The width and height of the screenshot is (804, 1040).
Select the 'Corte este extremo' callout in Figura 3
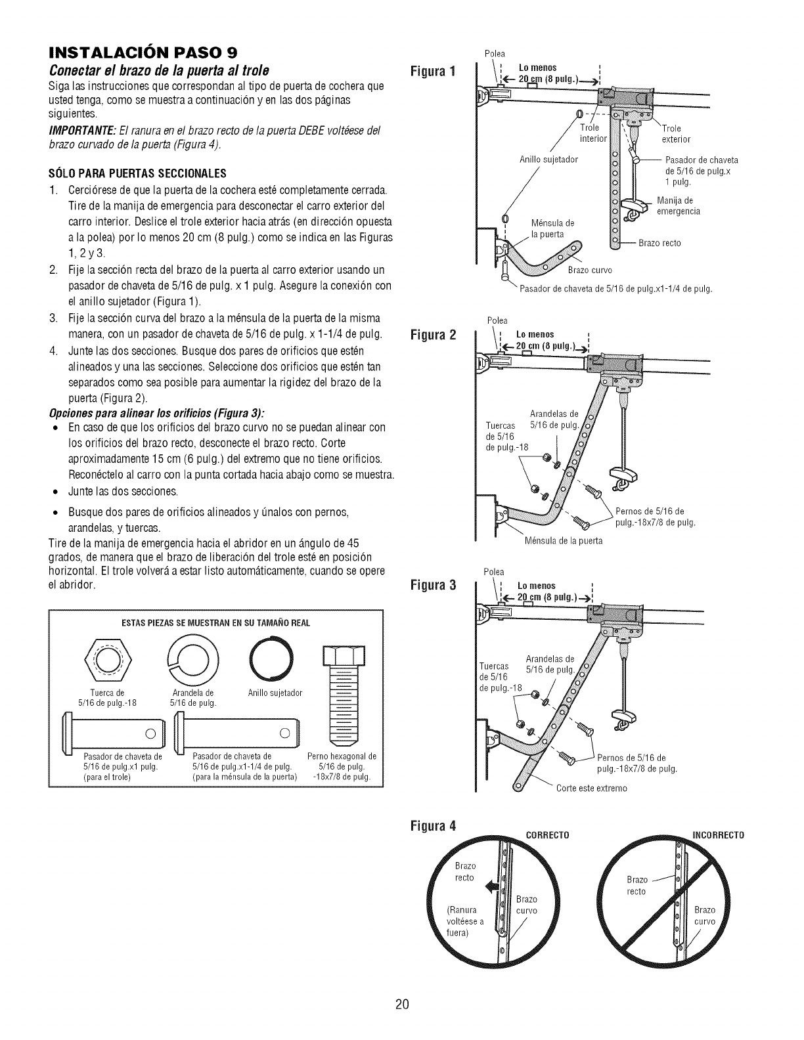[591, 788]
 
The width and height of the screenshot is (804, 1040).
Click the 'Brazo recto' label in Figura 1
[659, 243]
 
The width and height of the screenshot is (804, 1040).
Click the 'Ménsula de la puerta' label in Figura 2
[564, 541]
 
